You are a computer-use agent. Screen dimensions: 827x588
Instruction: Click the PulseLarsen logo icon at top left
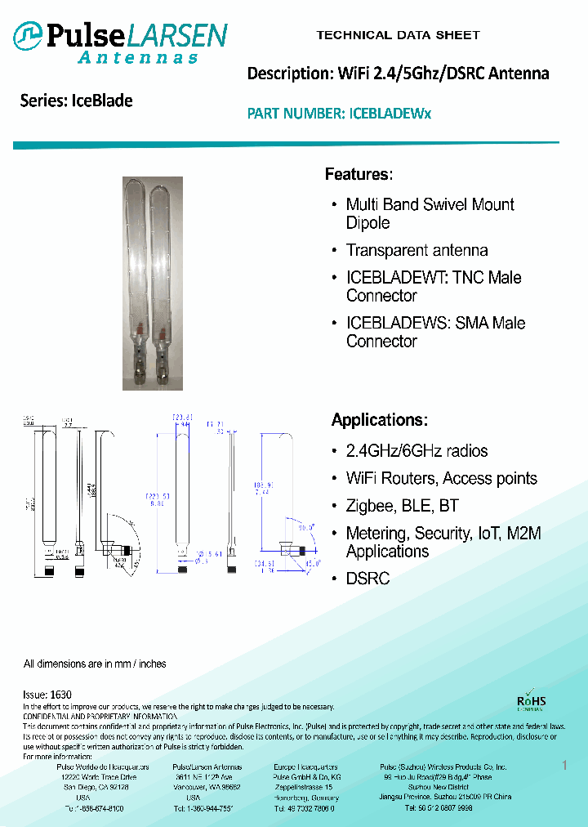click(29, 35)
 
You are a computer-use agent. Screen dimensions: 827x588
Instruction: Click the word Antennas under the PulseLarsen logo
click(138, 58)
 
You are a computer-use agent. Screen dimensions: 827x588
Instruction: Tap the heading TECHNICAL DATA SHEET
click(398, 35)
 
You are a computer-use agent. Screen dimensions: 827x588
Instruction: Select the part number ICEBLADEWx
click(390, 114)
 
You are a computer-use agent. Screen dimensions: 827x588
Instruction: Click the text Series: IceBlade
click(76, 101)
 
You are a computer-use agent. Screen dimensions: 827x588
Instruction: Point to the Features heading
click(359, 174)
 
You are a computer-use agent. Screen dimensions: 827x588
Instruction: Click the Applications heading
click(379, 420)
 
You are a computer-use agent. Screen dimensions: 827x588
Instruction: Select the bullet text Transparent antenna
click(416, 251)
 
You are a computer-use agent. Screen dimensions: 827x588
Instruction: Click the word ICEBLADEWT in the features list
click(397, 278)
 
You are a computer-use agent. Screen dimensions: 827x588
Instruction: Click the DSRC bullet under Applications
click(367, 579)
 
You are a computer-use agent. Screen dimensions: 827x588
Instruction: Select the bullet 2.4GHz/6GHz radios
click(416, 451)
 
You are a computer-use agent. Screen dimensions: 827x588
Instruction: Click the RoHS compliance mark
click(532, 702)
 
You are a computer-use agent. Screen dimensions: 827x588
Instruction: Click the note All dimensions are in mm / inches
click(95, 664)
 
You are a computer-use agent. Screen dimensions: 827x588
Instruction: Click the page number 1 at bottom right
click(564, 765)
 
